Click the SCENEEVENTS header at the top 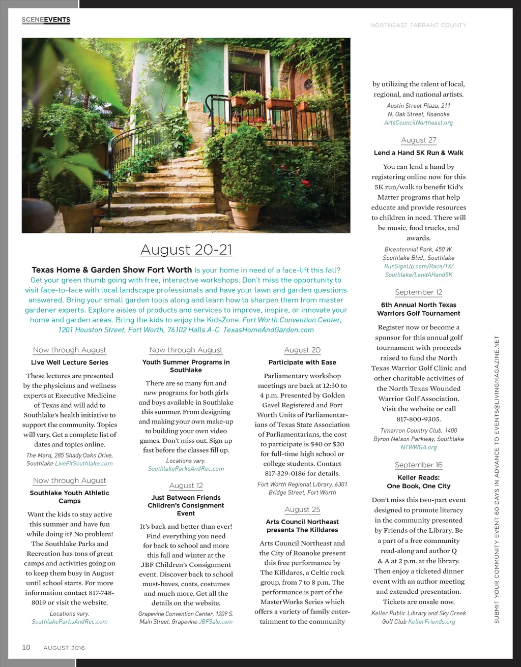[x=46, y=20]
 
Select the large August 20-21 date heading [x=186, y=250]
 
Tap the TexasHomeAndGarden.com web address [x=269, y=330]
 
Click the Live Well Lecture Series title [x=70, y=362]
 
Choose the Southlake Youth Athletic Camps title [x=70, y=497]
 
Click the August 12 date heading [x=186, y=486]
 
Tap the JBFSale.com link [x=216, y=622]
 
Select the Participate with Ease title [x=302, y=362]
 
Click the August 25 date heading [x=302, y=509]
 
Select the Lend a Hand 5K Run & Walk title [x=419, y=153]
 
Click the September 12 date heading [x=419, y=292]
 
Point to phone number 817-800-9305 [x=419, y=419]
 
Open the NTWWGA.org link [x=419, y=447]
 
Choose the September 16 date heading [x=419, y=465]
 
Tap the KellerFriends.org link [x=431, y=622]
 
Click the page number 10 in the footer [x=26, y=648]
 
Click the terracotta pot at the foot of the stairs [x=245, y=214]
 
